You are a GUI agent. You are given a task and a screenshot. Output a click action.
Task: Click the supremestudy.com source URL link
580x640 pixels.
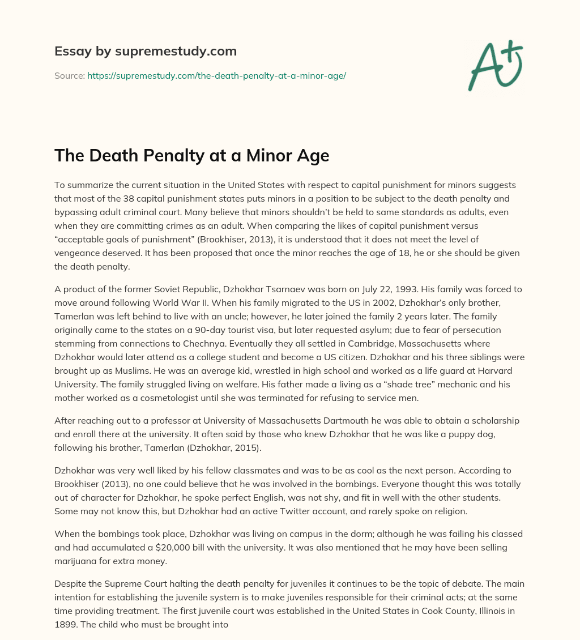[216, 75]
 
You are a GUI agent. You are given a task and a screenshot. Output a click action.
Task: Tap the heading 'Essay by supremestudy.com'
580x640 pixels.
[146, 52]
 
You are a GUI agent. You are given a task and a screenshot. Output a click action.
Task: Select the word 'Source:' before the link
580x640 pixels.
[69, 75]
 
